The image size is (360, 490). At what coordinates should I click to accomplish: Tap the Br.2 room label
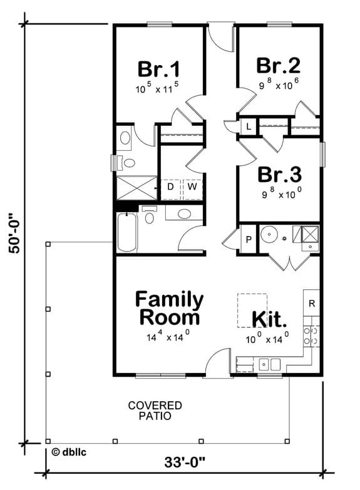(x=278, y=66)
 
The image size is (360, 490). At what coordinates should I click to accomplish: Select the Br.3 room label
(x=278, y=173)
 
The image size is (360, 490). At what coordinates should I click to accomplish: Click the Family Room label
(x=169, y=308)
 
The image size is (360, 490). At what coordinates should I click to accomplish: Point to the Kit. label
(x=269, y=319)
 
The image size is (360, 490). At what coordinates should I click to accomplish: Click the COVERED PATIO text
(x=147, y=410)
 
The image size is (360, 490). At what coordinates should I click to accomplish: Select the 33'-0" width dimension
(x=185, y=463)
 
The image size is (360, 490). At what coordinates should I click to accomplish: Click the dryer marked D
(x=170, y=186)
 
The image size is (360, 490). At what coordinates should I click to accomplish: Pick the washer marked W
(x=192, y=186)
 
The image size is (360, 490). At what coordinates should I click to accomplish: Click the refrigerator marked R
(x=312, y=304)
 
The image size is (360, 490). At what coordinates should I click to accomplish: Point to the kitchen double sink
(x=270, y=364)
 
